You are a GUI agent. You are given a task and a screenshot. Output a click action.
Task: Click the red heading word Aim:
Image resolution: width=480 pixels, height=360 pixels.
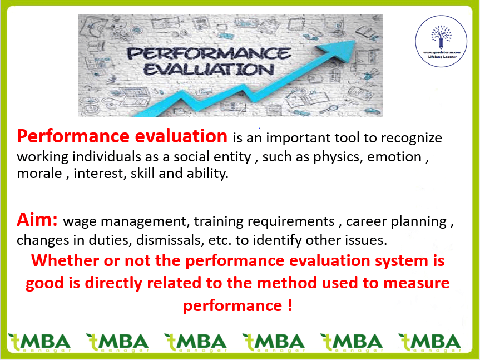coord(37,219)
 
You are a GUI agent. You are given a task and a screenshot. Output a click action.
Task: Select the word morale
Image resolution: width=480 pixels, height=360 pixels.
coord(39,174)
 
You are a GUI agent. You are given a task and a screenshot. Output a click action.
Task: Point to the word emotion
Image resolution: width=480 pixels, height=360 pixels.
coord(394,157)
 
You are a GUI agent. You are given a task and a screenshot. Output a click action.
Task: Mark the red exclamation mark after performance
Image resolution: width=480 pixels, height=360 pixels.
coord(290,305)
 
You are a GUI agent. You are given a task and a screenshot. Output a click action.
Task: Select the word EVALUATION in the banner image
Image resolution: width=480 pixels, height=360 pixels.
coord(209,70)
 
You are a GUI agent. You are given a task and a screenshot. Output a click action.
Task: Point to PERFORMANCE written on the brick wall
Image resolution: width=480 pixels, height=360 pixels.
coord(209,53)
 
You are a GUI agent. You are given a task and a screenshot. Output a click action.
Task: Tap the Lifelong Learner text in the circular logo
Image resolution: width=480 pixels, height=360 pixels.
coord(442,57)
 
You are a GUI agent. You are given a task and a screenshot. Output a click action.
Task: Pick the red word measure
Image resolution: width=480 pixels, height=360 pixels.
coord(417,283)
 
